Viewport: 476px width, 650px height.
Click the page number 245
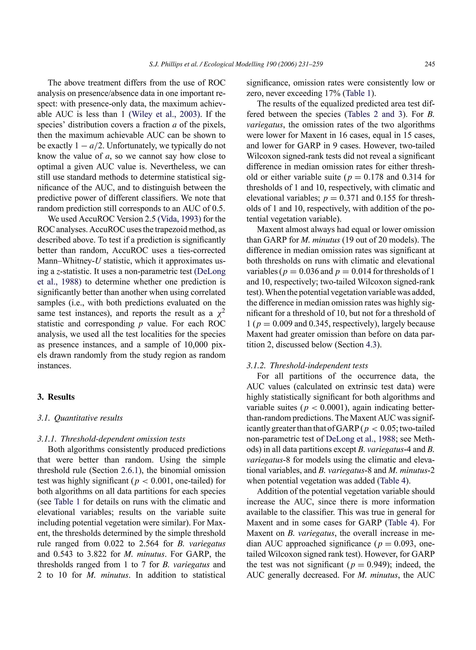tap(429, 64)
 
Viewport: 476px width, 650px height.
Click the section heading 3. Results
tap(56, 397)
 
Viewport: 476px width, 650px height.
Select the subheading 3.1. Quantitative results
tap(80, 418)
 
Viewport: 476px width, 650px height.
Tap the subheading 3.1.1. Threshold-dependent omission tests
tap(111, 439)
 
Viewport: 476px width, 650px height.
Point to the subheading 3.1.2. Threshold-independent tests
tap(307, 366)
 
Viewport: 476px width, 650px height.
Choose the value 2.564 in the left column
tap(148, 544)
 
